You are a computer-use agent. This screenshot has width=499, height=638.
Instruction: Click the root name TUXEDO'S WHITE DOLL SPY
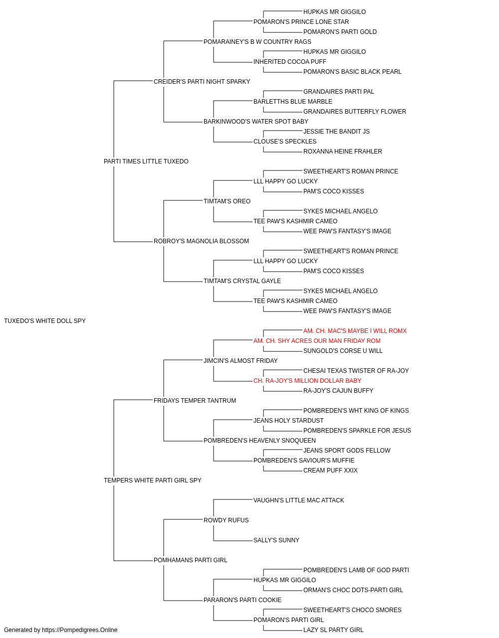(45, 321)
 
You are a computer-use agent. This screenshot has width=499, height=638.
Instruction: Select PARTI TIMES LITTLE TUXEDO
(146, 161)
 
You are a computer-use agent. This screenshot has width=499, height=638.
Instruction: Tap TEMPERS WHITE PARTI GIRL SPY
(153, 480)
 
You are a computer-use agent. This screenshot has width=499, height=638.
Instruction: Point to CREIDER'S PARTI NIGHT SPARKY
(202, 82)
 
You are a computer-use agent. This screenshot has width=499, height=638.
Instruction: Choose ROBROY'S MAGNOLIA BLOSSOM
(201, 241)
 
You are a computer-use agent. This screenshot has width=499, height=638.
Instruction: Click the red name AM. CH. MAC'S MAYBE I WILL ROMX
(355, 331)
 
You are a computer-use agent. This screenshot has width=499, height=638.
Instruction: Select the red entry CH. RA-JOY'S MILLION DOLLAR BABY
(307, 381)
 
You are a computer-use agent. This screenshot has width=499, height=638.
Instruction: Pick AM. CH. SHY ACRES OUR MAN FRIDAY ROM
(317, 341)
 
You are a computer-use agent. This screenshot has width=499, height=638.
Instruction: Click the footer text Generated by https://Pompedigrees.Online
(60, 630)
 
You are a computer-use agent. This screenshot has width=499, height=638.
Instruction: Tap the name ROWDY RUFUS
(226, 520)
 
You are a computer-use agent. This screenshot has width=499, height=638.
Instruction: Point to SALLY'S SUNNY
(276, 540)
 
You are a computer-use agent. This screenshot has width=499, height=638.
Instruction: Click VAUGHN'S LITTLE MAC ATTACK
(299, 500)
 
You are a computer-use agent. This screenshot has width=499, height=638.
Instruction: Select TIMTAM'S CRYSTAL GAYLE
(242, 281)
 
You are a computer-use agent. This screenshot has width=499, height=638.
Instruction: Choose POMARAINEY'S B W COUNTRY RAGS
(257, 42)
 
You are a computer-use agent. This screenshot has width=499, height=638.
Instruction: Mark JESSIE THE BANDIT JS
(336, 132)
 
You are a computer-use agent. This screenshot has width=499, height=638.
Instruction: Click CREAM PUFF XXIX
(331, 471)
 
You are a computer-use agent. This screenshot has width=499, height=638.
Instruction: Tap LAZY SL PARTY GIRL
(333, 630)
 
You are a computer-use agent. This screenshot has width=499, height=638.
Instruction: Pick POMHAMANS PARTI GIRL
(191, 560)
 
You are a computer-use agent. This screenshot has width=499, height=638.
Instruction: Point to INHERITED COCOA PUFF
(290, 62)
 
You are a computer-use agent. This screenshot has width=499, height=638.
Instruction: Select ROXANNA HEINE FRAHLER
(343, 152)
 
